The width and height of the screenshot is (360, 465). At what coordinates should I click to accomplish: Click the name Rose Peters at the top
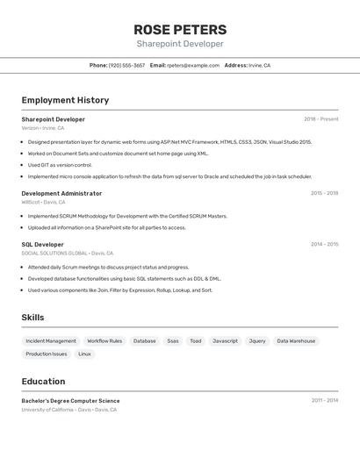pyautogui.click(x=179, y=29)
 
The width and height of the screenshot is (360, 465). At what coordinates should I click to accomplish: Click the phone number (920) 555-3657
pyautogui.click(x=127, y=65)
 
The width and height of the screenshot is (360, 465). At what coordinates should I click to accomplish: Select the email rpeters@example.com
pyautogui.click(x=193, y=65)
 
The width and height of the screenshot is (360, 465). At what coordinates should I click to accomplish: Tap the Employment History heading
pyautogui.click(x=65, y=100)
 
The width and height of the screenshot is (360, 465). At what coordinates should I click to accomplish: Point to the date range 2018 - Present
pyautogui.click(x=320, y=118)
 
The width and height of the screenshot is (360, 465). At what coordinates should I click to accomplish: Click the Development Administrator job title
pyautogui.click(x=61, y=193)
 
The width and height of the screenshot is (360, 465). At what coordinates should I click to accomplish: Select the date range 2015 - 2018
pyautogui.click(x=324, y=193)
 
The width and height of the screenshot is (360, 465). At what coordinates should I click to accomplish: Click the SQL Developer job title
pyautogui.click(x=42, y=244)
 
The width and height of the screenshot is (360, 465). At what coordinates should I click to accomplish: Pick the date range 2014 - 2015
pyautogui.click(x=324, y=244)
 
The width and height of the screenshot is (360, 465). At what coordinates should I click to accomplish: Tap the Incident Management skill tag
pyautogui.click(x=51, y=340)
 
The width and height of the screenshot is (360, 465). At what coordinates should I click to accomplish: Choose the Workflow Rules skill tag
pyautogui.click(x=104, y=340)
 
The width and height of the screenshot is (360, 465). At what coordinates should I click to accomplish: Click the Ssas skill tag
pyautogui.click(x=173, y=340)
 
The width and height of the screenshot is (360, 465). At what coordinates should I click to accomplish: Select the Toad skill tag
pyautogui.click(x=196, y=340)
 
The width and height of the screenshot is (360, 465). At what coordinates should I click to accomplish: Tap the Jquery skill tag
pyautogui.click(x=257, y=340)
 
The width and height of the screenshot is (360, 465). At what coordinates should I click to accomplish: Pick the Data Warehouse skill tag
pyautogui.click(x=296, y=340)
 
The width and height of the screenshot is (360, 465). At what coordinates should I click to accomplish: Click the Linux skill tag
pyautogui.click(x=84, y=354)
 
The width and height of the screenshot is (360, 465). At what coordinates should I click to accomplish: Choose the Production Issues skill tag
pyautogui.click(x=47, y=354)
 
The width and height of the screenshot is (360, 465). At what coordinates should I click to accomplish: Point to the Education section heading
pyautogui.click(x=43, y=382)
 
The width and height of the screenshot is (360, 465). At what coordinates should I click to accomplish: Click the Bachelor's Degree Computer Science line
pyautogui.click(x=70, y=400)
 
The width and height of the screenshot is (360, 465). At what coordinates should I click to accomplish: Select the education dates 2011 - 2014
pyautogui.click(x=324, y=400)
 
